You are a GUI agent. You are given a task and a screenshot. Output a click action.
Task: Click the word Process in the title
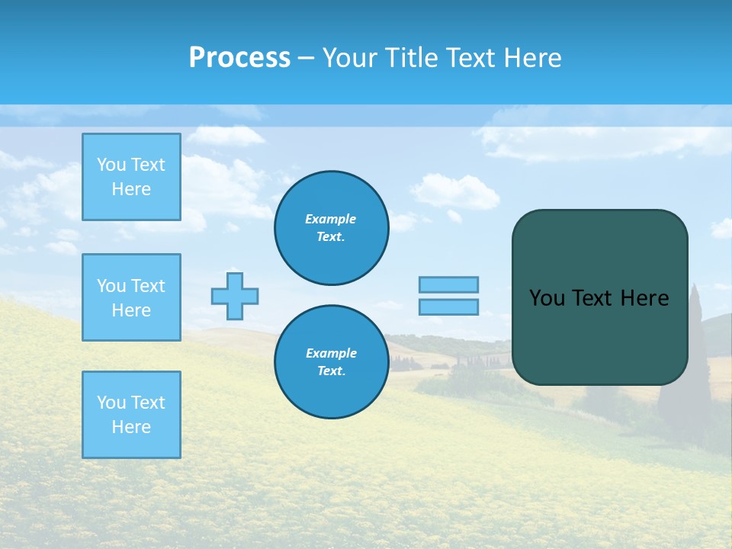click(x=239, y=58)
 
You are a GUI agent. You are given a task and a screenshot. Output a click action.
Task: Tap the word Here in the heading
click(x=532, y=58)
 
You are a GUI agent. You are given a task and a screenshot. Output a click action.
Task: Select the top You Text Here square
click(x=131, y=177)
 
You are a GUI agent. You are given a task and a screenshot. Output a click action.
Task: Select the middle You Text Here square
click(x=131, y=297)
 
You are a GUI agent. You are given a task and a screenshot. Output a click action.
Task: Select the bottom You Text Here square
click(x=131, y=414)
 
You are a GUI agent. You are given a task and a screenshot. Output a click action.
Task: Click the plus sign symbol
click(x=235, y=296)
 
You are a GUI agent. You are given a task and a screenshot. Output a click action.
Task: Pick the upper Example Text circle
click(x=331, y=228)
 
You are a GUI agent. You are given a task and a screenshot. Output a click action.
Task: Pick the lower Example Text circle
click(x=331, y=362)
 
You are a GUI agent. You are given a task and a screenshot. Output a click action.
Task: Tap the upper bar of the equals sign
click(x=448, y=284)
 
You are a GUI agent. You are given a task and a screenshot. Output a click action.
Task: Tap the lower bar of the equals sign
click(x=448, y=307)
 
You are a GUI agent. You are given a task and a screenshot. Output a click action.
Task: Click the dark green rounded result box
click(x=599, y=335)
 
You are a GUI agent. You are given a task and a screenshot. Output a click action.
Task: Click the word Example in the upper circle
click(x=331, y=219)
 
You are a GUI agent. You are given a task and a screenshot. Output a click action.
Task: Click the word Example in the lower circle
click(x=331, y=353)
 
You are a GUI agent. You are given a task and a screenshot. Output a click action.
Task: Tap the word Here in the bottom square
click(x=131, y=427)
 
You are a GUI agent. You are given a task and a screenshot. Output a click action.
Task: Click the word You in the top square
click(x=111, y=165)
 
